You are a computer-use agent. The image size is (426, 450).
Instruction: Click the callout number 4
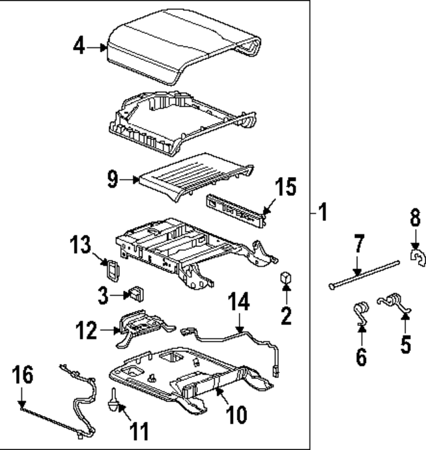tap(79, 47)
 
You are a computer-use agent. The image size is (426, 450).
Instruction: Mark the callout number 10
tap(237, 415)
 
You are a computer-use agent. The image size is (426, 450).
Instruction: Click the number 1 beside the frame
tap(322, 213)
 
